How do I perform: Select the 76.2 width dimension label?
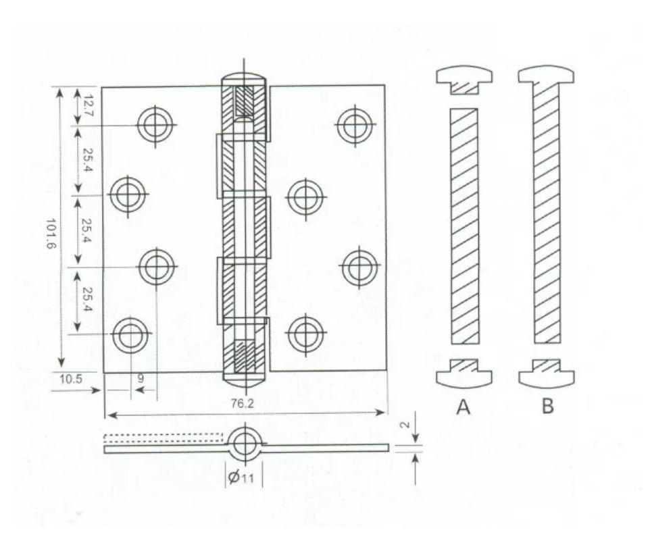pos(242,403)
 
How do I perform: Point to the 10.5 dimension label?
pos(71,379)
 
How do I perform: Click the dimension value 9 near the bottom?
pos(141,378)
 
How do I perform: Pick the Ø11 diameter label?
pos(241,477)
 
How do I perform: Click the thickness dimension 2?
pos(406,424)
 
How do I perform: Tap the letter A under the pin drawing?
pos(464,407)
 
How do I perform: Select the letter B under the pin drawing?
pos(547,406)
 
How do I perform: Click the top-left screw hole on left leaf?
pos(155,124)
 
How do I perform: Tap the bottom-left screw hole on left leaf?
pos(130,335)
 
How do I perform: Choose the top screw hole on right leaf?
pos(355,124)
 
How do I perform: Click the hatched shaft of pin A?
pos(464,226)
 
